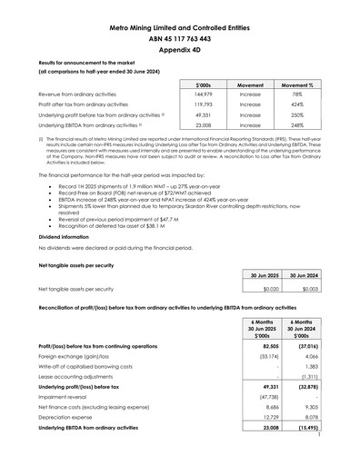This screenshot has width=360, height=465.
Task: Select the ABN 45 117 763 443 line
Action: point(179,40)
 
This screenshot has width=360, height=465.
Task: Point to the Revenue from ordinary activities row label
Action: point(78,94)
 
